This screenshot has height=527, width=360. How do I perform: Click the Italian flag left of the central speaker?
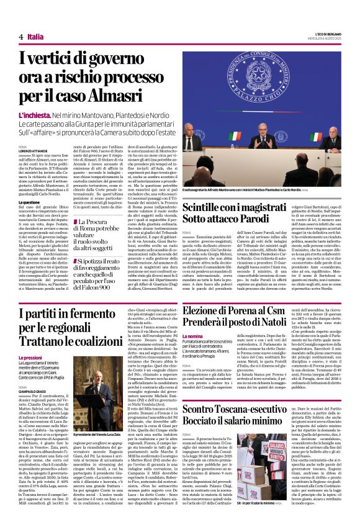point(235,138)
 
